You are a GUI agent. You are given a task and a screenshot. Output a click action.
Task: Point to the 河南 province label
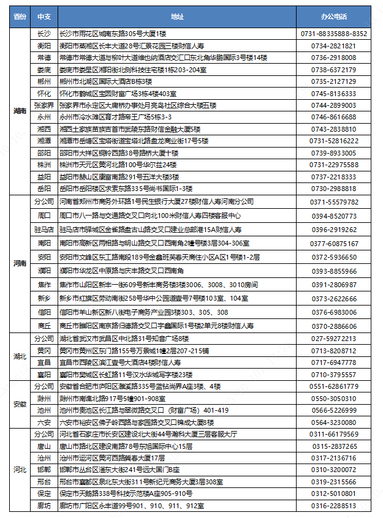20,264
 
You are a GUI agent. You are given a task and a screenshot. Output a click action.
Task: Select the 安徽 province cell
20,404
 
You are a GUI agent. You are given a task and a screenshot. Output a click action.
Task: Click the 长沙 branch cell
44,34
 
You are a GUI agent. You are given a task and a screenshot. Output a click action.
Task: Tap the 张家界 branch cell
44,105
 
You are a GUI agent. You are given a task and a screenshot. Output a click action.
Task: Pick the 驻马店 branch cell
44,229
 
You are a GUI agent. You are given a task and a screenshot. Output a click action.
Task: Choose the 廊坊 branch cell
44,506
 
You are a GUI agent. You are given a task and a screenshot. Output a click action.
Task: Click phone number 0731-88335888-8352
334,34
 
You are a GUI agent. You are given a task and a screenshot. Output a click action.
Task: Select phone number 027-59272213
334,339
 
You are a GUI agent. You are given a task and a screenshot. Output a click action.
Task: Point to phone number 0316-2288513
334,506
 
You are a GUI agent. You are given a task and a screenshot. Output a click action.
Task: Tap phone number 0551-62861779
334,386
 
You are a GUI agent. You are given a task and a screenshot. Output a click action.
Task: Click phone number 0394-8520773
334,216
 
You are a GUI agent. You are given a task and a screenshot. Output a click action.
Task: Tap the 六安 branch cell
44,422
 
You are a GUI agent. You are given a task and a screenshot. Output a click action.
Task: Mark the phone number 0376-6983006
334,312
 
